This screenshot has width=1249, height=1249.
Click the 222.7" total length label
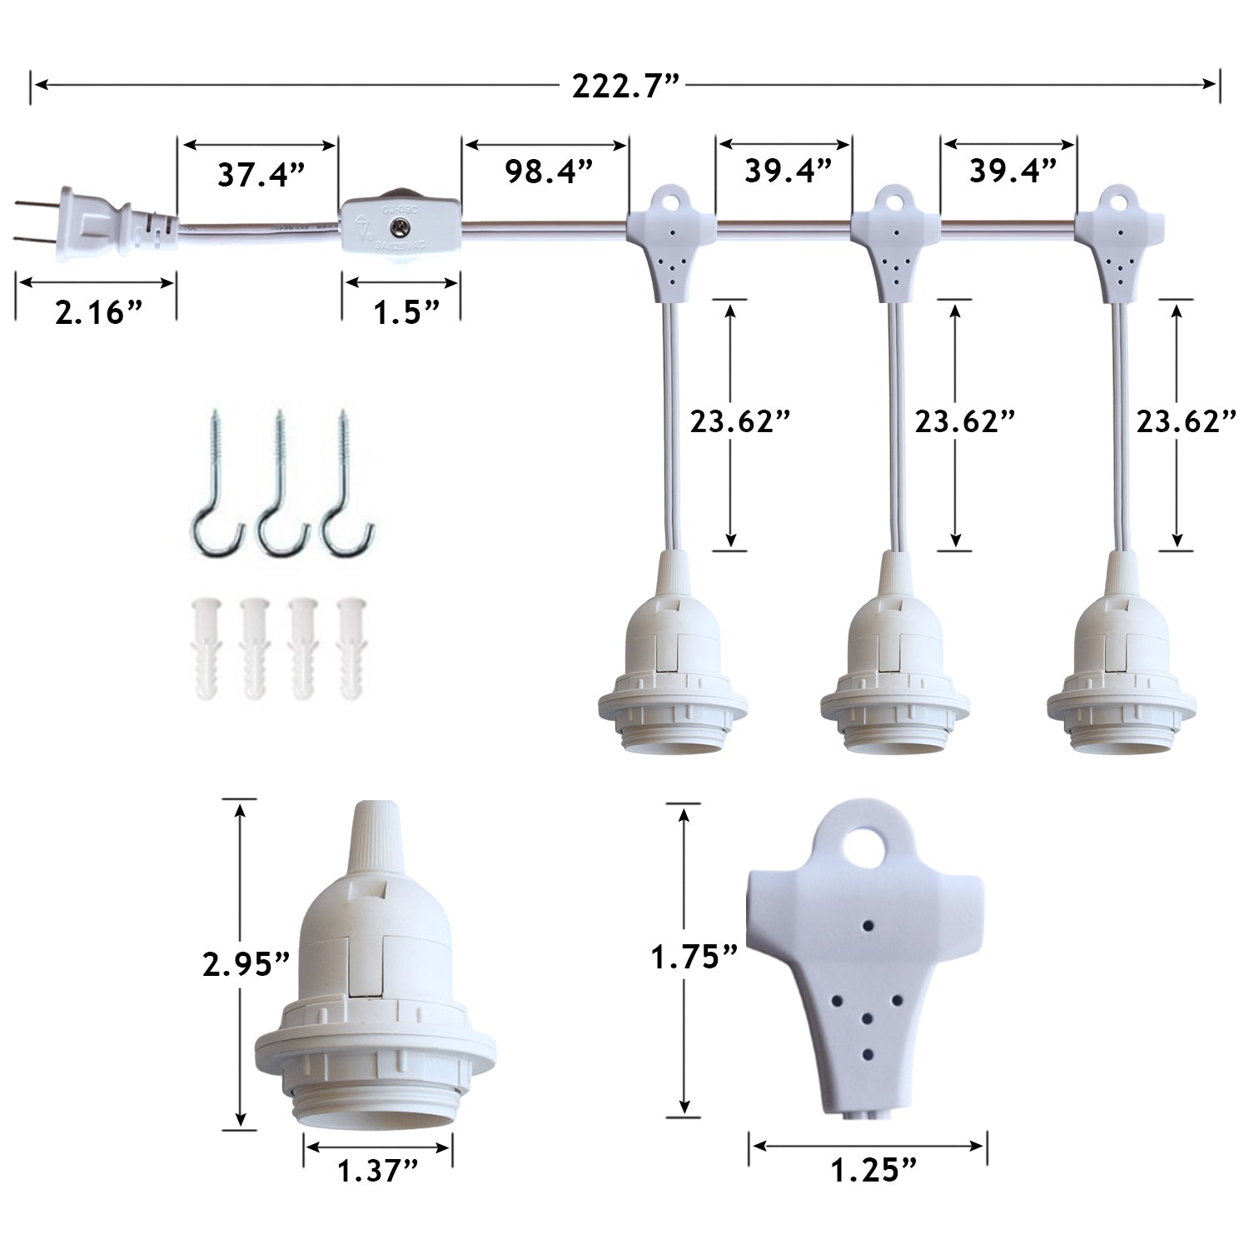625,86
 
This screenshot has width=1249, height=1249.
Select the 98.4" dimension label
548,172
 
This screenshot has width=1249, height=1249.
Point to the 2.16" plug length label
98,312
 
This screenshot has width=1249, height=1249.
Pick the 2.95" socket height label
246,963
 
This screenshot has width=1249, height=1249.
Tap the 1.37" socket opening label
377,1171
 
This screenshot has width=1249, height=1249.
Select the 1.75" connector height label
694,957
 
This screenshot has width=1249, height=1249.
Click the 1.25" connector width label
873,1171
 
